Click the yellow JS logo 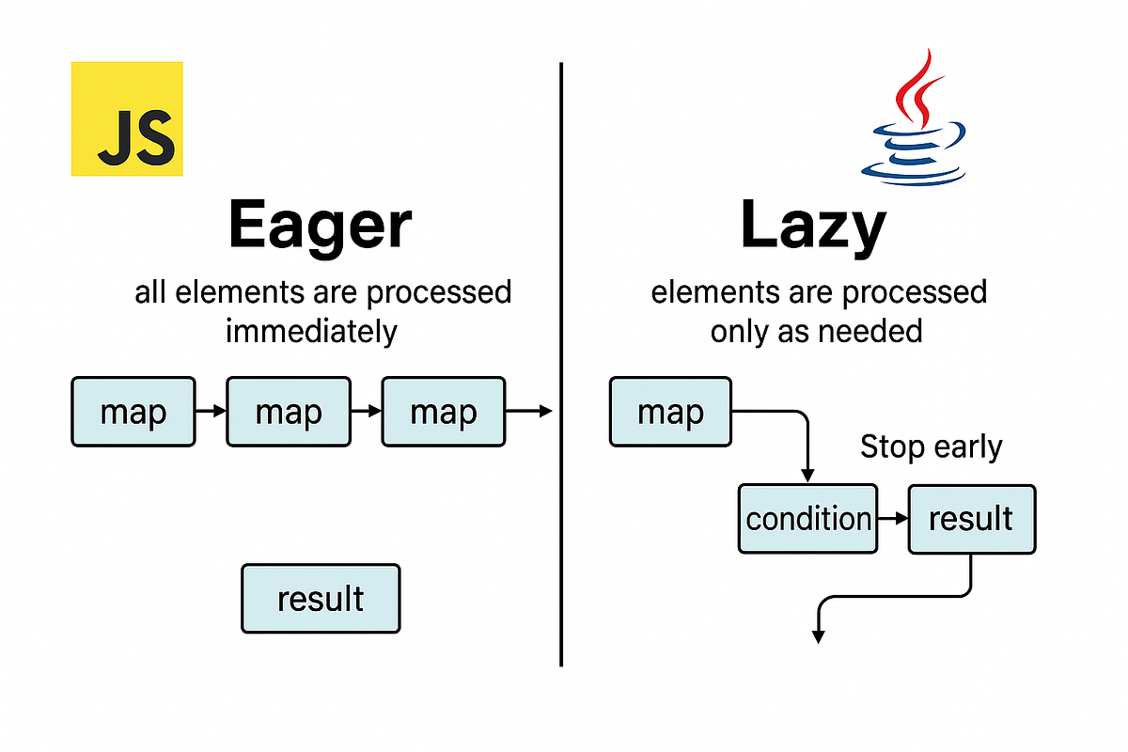pos(127,119)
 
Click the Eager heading pos(320,227)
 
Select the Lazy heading pos(813,227)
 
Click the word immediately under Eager pos(311,331)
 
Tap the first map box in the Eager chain pos(133,412)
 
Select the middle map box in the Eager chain pos(289,412)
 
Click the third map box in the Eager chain pos(443,412)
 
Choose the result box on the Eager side pos(321,598)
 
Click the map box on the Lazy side pos(670,412)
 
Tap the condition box pos(807,519)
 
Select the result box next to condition pos(971,519)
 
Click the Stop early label pos(931,447)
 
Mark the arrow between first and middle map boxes pos(211,411)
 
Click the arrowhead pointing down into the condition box pos(807,477)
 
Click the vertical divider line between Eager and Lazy pos(561,367)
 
